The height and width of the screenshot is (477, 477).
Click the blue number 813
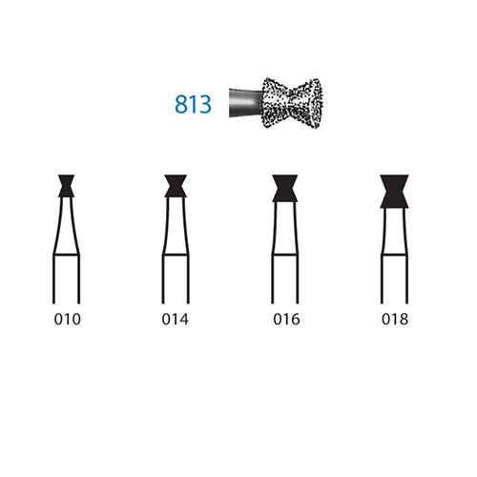coord(193,104)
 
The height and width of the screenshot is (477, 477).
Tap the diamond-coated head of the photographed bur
coord(292,103)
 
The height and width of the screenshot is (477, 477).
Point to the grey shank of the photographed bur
coord(245,103)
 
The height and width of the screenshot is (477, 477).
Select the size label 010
coord(68,319)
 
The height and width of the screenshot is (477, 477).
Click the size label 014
coord(176,319)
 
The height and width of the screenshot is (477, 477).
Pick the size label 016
coord(286,319)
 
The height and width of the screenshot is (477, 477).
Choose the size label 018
coord(395,319)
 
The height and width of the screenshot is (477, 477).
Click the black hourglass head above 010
coord(67,186)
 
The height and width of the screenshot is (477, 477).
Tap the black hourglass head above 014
coord(176,186)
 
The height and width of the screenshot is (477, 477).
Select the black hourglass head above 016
coord(285,188)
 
